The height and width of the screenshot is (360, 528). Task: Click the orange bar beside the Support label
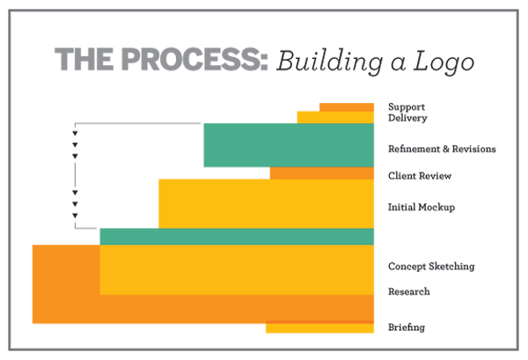347,107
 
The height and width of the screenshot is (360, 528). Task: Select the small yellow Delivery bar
335,118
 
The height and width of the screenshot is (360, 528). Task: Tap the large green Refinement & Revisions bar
289,145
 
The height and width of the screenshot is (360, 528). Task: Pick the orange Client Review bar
322,173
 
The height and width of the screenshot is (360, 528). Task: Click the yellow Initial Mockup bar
266,203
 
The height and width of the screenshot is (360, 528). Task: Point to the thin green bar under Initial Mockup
237,237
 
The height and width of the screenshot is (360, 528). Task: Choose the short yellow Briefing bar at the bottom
319,328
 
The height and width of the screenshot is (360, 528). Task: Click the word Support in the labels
407,107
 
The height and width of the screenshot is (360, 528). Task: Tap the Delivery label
407,118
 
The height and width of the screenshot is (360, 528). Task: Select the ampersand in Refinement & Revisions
446,149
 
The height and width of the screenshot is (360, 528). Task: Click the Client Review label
420,176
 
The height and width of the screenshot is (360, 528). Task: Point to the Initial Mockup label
422,207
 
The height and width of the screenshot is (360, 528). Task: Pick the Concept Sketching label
431,267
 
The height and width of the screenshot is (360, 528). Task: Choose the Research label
409,291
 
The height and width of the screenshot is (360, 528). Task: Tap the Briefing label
407,327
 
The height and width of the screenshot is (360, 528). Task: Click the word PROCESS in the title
194,59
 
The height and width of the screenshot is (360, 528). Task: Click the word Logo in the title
444,62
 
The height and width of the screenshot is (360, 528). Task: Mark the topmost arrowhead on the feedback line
75,134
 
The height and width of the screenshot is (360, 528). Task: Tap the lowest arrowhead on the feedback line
75,216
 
